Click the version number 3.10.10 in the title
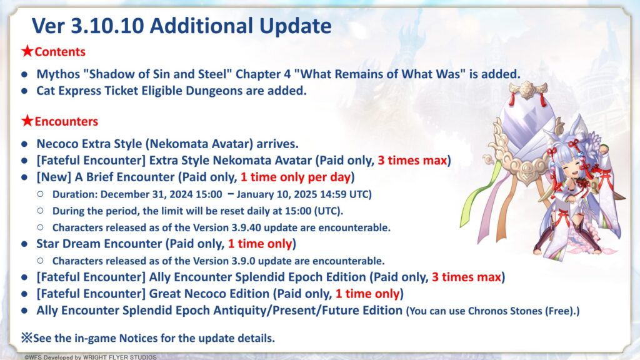click(107, 26)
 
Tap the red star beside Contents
click(27, 51)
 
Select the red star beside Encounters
click(27, 121)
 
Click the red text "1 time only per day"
click(296, 177)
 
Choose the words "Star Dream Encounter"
click(99, 244)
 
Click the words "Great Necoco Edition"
click(209, 294)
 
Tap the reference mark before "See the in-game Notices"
click(27, 337)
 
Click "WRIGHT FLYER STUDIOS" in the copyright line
click(119, 357)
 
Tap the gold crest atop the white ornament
click(527, 89)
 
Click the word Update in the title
click(296, 26)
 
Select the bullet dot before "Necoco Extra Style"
click(24, 144)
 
